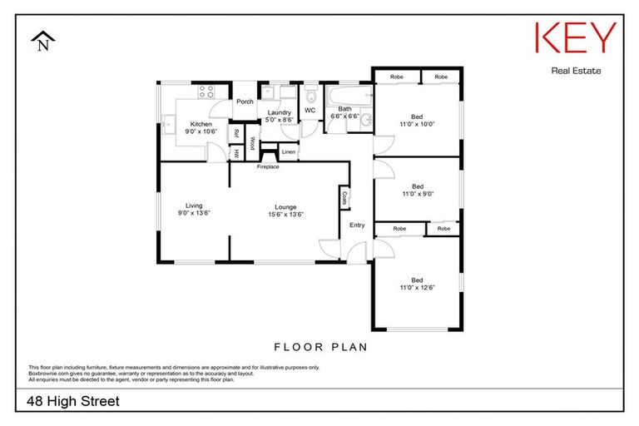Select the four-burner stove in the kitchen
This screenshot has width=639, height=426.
[206, 92]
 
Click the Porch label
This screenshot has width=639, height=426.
[245, 102]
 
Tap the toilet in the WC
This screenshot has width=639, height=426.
[310, 93]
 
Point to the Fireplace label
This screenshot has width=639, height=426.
[268, 167]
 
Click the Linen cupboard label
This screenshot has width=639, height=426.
[288, 152]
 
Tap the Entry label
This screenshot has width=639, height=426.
[357, 225]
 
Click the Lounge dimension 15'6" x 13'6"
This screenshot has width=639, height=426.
[285, 215]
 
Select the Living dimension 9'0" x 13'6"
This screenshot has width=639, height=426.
[194, 214]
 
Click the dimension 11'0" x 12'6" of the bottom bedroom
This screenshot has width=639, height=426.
[418, 288]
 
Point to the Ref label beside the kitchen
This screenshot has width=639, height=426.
[236, 133]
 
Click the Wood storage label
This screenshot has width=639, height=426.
[252, 142]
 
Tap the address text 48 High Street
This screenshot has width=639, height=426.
[74, 401]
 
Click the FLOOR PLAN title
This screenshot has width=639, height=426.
[320, 347]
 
